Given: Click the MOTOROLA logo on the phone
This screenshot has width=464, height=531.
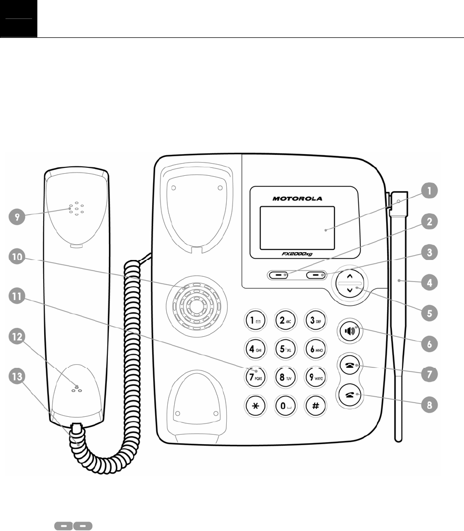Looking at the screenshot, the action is (297, 199).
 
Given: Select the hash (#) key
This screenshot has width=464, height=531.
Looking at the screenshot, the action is (316, 406).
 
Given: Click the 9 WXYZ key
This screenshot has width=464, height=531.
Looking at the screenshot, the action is (316, 376).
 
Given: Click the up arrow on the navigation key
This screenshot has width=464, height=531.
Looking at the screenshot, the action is (350, 276).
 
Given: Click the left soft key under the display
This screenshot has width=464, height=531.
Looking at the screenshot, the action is (278, 275).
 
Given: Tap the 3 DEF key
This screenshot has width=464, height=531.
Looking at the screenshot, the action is (316, 319).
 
